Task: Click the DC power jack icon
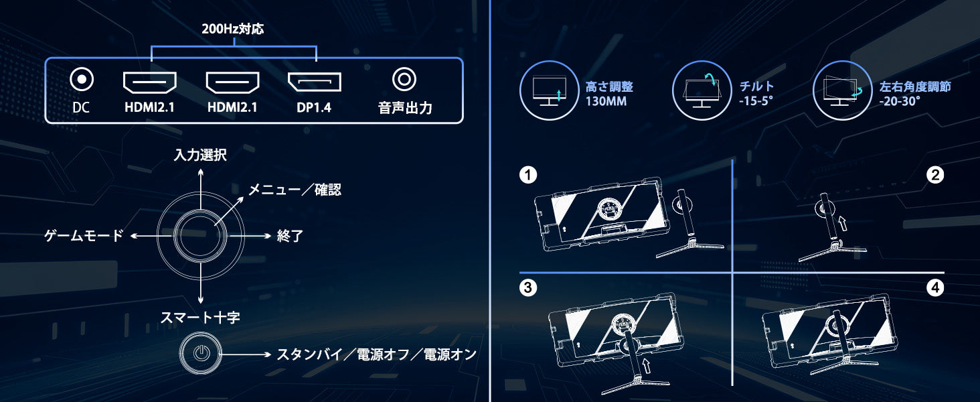click(x=82, y=79)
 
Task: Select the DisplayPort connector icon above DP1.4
click(x=314, y=82)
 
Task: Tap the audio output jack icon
click(x=404, y=79)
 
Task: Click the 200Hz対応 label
click(x=233, y=29)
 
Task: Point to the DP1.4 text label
click(x=314, y=107)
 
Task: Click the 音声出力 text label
click(x=405, y=108)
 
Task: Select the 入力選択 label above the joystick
click(x=200, y=155)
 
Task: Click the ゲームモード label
click(x=84, y=236)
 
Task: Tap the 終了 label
click(x=290, y=236)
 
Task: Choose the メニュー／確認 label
click(x=295, y=190)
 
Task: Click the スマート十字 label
click(x=200, y=317)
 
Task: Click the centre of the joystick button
click(x=200, y=236)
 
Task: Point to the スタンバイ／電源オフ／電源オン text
click(x=377, y=354)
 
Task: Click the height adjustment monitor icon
click(x=550, y=90)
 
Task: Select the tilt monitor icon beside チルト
click(x=702, y=90)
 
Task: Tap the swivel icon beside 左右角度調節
click(x=842, y=90)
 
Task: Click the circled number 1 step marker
click(x=528, y=175)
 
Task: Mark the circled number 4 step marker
click(x=935, y=287)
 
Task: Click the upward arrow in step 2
click(x=841, y=222)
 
